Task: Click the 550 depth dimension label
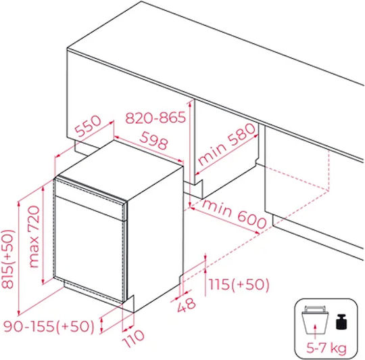click(89, 126)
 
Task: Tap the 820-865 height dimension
click(155, 118)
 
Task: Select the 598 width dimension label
click(153, 140)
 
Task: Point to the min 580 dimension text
click(226, 143)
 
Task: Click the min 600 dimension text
click(234, 214)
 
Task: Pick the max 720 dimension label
click(34, 236)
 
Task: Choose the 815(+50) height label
click(8, 259)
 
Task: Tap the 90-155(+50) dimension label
click(49, 326)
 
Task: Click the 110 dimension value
click(133, 338)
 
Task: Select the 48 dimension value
click(187, 305)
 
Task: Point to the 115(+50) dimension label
click(239, 284)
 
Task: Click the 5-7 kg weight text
click(326, 348)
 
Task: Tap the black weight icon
click(341, 322)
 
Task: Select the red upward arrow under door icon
click(315, 332)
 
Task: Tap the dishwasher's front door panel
click(89, 249)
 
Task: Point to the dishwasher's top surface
click(119, 171)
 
